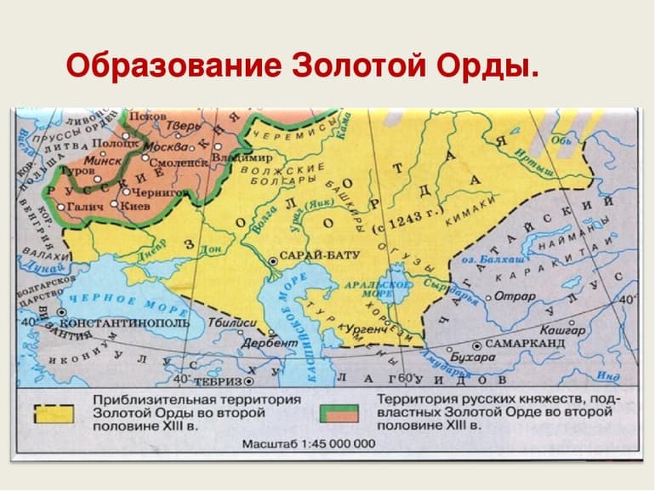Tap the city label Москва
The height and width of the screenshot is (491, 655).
click(160, 146)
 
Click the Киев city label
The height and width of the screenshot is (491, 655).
click(135, 205)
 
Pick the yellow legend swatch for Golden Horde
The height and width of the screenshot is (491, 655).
click(54, 414)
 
